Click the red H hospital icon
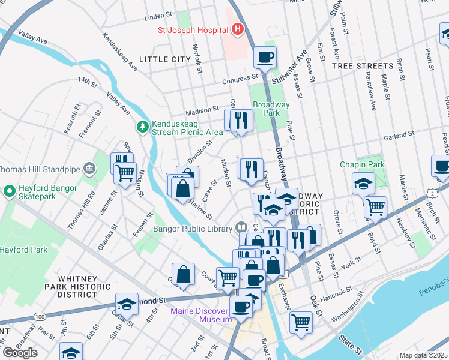point(238,29)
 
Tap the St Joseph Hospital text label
point(193,29)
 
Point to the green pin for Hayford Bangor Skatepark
point(10,192)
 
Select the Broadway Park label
point(271,109)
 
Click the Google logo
point(20,353)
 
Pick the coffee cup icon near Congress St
point(265,58)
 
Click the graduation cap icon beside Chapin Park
point(363,184)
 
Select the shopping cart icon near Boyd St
point(375,208)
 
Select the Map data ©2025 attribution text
point(424,355)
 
